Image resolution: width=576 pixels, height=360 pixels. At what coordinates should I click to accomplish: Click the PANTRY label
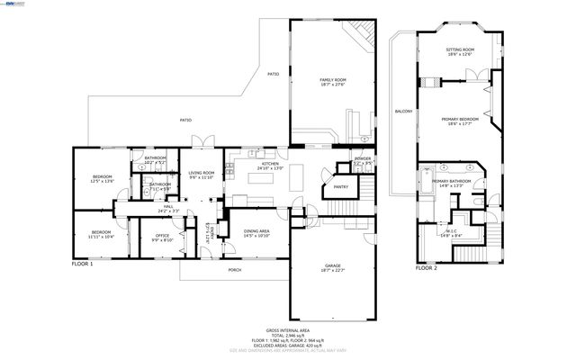tap(340, 187)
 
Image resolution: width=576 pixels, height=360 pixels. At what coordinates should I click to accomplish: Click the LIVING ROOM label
tap(202, 174)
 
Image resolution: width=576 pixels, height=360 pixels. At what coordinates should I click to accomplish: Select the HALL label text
tap(167, 208)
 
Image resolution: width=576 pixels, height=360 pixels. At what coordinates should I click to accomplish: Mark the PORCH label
tap(234, 270)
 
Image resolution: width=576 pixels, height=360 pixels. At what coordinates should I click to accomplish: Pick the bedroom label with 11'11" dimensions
tap(101, 234)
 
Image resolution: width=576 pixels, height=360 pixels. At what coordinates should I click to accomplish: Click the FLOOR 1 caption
tap(83, 265)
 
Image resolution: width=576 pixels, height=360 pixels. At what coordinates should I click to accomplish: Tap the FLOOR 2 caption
tap(426, 267)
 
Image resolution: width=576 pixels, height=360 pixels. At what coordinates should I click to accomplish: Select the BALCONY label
tap(402, 112)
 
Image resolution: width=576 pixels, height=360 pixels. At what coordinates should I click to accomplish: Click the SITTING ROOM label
tap(460, 51)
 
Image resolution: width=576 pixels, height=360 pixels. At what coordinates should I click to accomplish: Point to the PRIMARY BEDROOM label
tap(459, 120)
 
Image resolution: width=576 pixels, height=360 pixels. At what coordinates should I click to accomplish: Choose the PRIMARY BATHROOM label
tap(451, 183)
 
